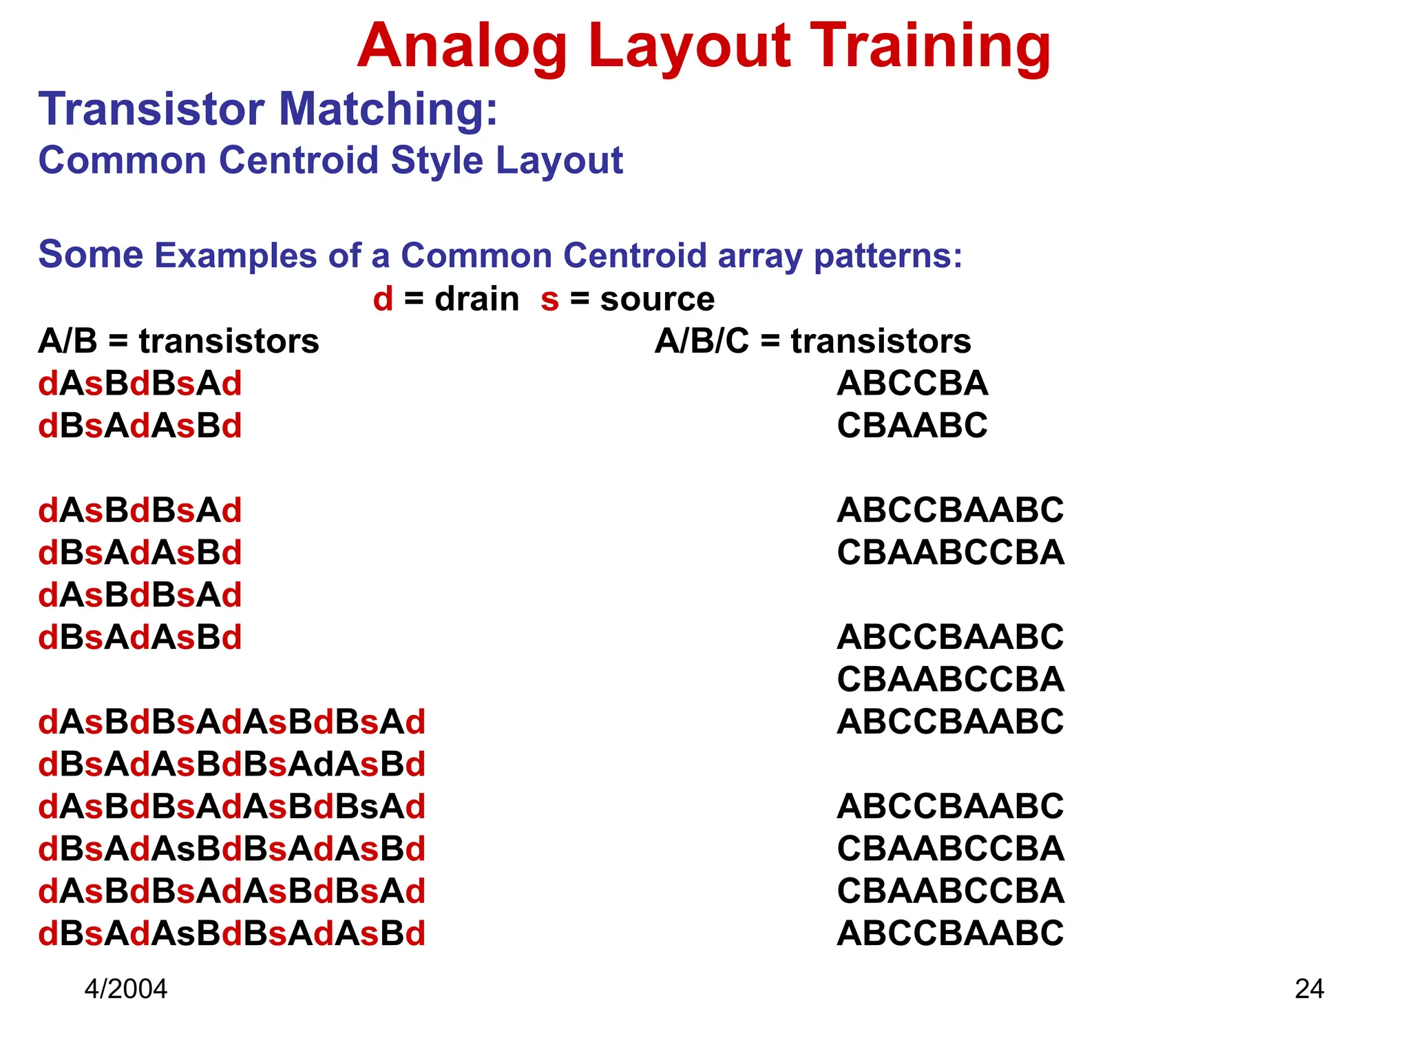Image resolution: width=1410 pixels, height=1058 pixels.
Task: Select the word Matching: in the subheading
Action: click(x=388, y=110)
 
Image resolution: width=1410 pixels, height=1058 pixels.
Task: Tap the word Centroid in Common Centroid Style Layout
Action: click(x=299, y=160)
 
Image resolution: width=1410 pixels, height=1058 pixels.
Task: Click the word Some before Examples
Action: click(x=90, y=254)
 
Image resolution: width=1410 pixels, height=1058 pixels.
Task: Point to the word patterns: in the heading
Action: click(x=887, y=256)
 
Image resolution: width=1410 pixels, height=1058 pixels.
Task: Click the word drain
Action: click(x=476, y=299)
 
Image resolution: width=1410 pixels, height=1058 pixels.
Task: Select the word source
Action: click(x=657, y=299)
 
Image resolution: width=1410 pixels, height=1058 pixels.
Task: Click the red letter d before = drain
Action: click(x=383, y=299)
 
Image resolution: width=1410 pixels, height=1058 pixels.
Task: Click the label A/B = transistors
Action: click(x=178, y=341)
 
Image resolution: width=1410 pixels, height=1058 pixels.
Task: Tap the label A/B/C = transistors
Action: click(x=812, y=341)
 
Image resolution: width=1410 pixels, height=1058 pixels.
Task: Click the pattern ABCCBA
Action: click(x=912, y=384)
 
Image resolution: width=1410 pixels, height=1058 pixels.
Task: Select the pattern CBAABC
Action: click(x=912, y=426)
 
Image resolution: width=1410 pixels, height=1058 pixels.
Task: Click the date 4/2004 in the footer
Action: click(x=125, y=989)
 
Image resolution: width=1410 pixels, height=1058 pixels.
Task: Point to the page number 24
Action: click(x=1309, y=989)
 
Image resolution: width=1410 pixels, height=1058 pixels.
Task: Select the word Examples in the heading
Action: click(x=235, y=256)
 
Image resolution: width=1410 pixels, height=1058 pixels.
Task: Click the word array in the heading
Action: click(x=760, y=256)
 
